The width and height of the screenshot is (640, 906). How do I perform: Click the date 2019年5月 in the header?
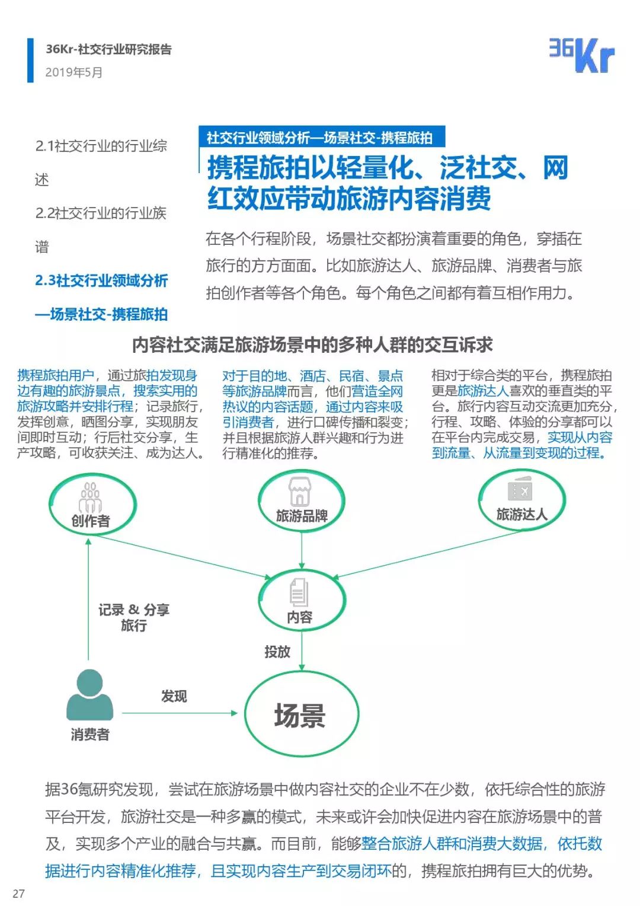74,72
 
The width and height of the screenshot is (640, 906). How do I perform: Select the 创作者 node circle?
92,506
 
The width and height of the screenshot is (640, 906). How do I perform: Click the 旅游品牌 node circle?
301,501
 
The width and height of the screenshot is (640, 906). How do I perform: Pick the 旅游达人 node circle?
521,499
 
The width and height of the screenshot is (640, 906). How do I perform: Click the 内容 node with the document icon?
301,600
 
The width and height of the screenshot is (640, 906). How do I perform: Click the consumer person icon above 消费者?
89,695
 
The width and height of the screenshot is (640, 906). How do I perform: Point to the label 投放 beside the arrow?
277,652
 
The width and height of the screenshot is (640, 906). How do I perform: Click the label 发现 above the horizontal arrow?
174,696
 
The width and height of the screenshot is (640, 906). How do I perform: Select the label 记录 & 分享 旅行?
134,617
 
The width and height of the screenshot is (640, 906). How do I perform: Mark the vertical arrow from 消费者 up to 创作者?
88,599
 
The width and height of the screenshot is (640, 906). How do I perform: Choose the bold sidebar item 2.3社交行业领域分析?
101,280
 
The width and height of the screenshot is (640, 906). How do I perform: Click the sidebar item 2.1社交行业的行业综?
101,146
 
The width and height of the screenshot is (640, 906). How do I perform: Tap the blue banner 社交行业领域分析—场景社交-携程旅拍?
320,138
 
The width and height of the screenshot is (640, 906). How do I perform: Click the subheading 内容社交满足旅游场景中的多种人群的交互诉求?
312,344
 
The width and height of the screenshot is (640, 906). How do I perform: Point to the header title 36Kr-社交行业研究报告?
108,49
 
